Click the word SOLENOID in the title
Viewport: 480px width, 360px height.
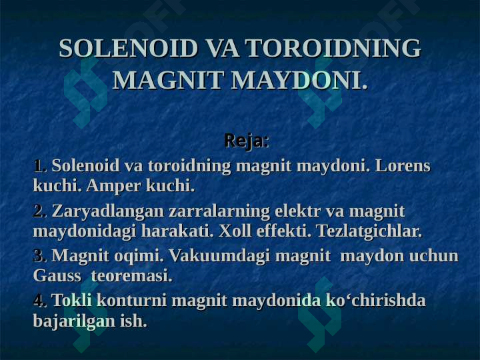coord(128,48)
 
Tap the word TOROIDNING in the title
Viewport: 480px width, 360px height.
coord(333,48)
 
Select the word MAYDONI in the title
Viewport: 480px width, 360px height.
coord(299,80)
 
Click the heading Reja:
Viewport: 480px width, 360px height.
coord(247,141)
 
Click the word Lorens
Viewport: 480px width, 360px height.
coord(403,166)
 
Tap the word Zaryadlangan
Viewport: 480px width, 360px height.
coord(108,211)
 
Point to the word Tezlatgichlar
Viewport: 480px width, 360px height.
coord(369,231)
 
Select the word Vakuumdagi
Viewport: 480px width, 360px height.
coord(219,256)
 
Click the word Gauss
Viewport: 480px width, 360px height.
coord(57,276)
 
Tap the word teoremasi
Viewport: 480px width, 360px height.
coord(132,276)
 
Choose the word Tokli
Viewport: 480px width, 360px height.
coord(72,300)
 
